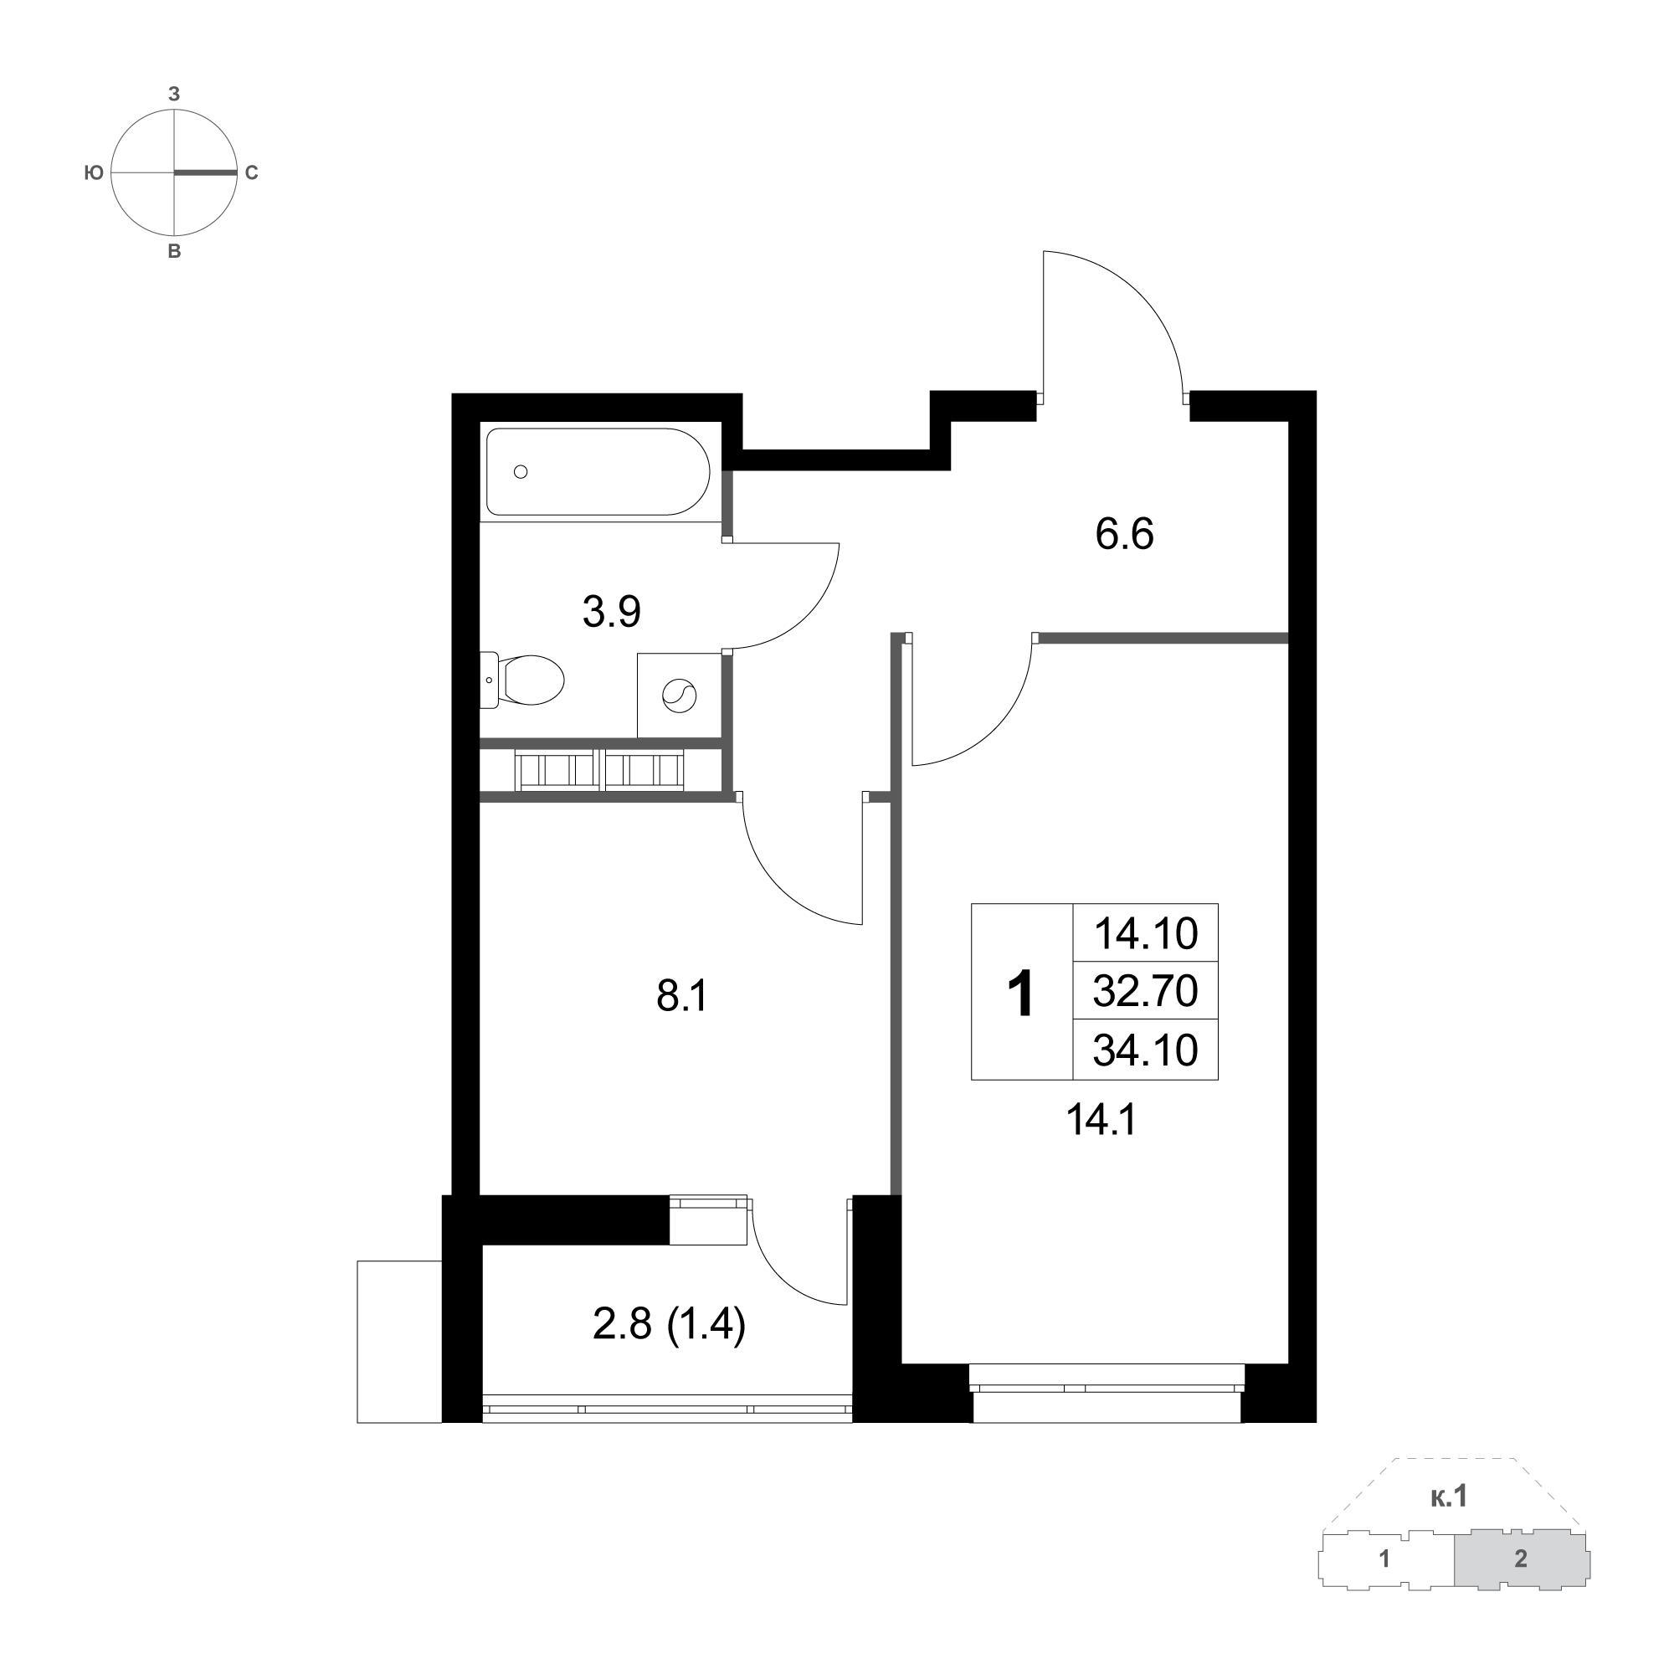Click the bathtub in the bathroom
pos(598,471)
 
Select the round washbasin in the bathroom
pos(679,695)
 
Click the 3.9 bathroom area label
pos(612,613)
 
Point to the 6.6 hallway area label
pos(1125,535)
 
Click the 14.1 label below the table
pos(1101,1122)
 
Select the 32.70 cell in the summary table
pos(1146,990)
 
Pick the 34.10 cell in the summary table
pos(1146,1050)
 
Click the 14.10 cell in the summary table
pos(1146,933)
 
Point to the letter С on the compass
pos(251,173)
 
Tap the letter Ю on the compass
pos(94,173)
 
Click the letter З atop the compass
pos(174,95)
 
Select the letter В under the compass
pos(174,252)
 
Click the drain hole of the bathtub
pos(521,471)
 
